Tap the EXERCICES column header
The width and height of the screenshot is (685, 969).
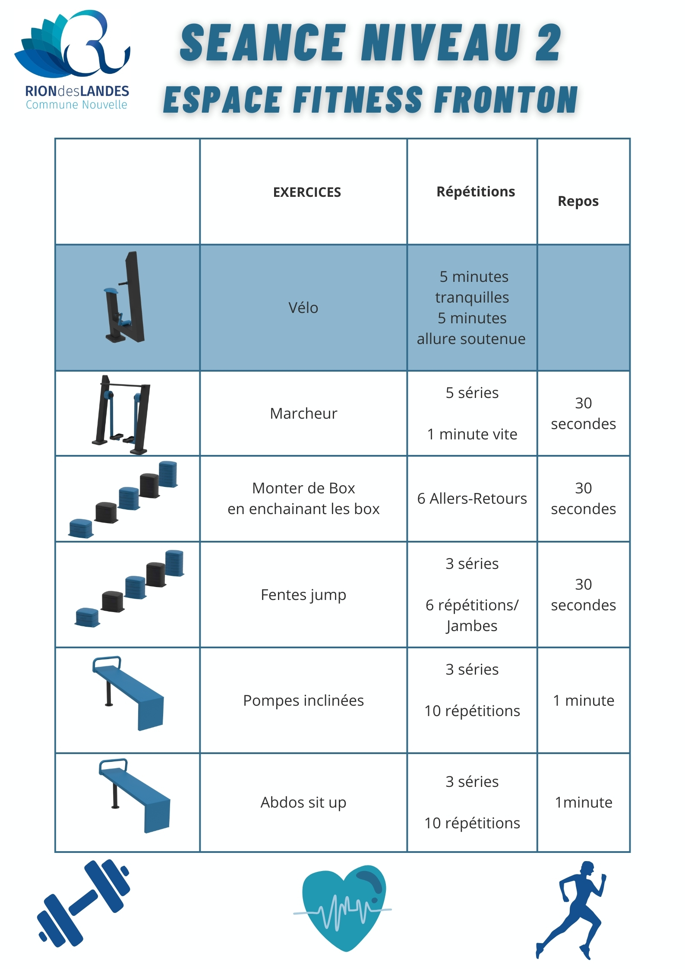tap(307, 192)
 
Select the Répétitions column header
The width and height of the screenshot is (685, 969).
tap(476, 192)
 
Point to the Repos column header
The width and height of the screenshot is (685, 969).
tap(578, 202)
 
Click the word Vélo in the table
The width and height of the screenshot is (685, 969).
tap(303, 308)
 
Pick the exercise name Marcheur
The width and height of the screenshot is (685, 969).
tap(303, 413)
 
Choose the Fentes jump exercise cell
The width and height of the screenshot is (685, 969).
tap(303, 595)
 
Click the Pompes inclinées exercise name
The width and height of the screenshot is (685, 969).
tap(303, 700)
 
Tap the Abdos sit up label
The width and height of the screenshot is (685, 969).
tap(303, 802)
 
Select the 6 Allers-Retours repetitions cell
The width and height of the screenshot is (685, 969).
tap(472, 499)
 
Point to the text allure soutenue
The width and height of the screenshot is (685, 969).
tap(471, 339)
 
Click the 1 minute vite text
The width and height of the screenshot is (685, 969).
tap(472, 434)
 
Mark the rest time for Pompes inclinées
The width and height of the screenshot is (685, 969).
tap(584, 700)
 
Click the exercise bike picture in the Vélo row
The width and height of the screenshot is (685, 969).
tap(124, 297)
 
